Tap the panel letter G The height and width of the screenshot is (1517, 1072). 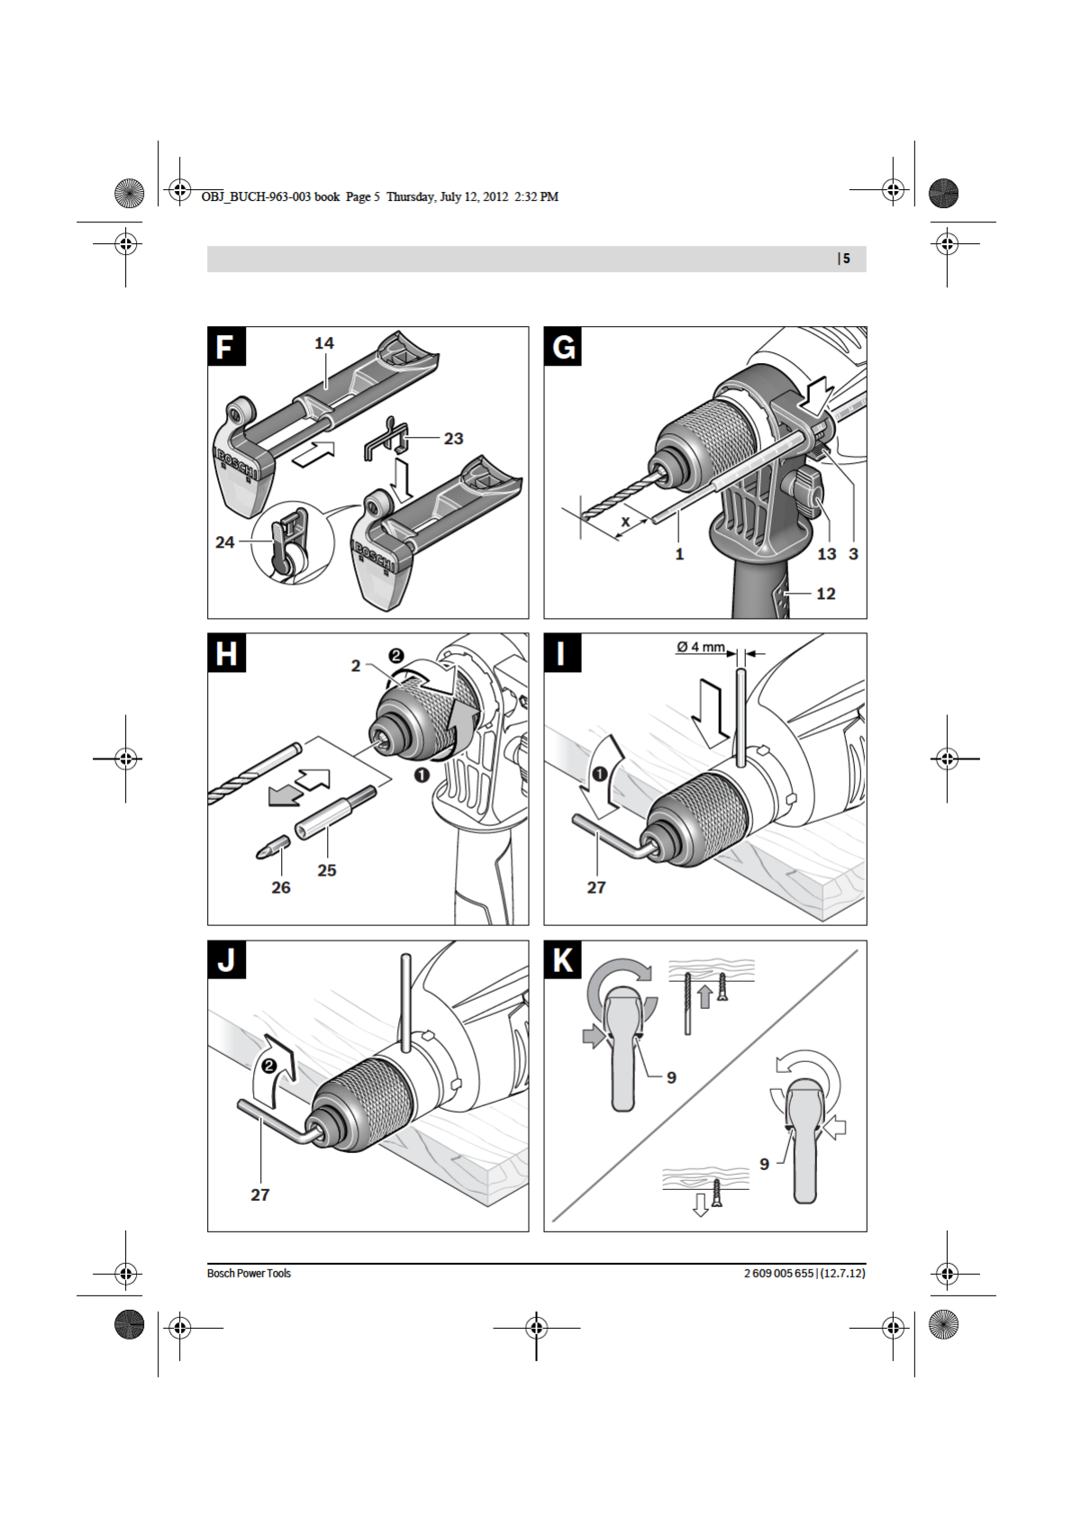[x=563, y=346]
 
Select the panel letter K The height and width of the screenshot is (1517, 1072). [x=563, y=960]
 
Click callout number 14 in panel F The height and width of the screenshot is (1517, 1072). [x=324, y=343]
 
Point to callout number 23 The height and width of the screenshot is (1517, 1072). [x=453, y=439]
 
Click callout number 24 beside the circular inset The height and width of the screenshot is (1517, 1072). [x=224, y=542]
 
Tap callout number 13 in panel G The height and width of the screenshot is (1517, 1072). [x=826, y=554]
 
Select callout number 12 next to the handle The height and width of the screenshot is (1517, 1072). [x=825, y=594]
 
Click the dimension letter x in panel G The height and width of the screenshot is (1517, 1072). [x=625, y=522]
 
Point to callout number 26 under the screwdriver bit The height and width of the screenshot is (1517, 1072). [x=281, y=887]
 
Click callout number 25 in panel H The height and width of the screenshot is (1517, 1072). [x=327, y=870]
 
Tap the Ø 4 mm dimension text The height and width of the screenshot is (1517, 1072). [x=700, y=647]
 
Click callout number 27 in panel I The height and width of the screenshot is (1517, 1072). [x=596, y=887]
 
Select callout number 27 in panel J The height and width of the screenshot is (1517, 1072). [x=260, y=1195]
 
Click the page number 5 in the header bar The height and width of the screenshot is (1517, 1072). [x=846, y=259]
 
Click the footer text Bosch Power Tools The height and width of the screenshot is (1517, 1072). [x=249, y=1273]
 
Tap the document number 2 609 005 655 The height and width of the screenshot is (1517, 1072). [x=778, y=1273]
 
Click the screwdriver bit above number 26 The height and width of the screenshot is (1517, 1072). [x=273, y=847]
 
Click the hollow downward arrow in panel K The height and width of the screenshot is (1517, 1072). [x=700, y=1205]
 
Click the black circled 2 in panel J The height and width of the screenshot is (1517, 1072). [x=268, y=1066]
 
